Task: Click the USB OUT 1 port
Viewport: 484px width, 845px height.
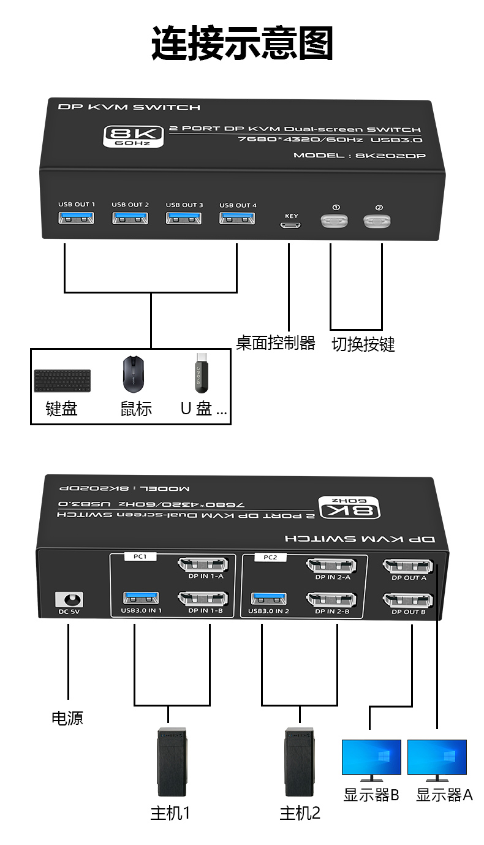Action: point(76,218)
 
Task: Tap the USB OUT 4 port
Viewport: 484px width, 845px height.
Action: point(238,218)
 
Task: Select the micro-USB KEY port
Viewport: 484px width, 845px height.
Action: point(291,226)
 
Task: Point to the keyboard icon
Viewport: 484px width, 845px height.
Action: point(62,381)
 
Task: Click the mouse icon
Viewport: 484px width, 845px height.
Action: point(135,374)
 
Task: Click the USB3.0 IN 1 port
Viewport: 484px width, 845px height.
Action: point(142,597)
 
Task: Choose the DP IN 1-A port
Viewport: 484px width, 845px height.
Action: point(202,564)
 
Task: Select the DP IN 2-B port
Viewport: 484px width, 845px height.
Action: point(331,599)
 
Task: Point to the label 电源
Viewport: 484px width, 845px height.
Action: point(67,718)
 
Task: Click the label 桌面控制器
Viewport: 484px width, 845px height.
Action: point(275,343)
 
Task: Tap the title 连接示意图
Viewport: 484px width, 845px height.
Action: point(242,43)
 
